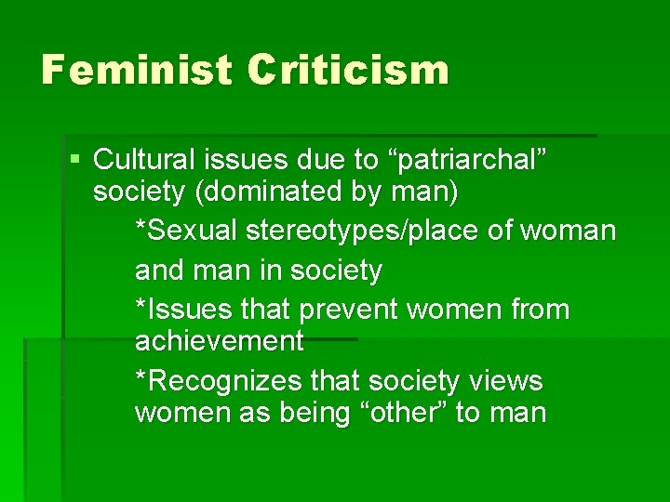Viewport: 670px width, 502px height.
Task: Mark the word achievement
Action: (x=220, y=341)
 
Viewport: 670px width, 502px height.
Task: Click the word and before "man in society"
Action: (x=160, y=270)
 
